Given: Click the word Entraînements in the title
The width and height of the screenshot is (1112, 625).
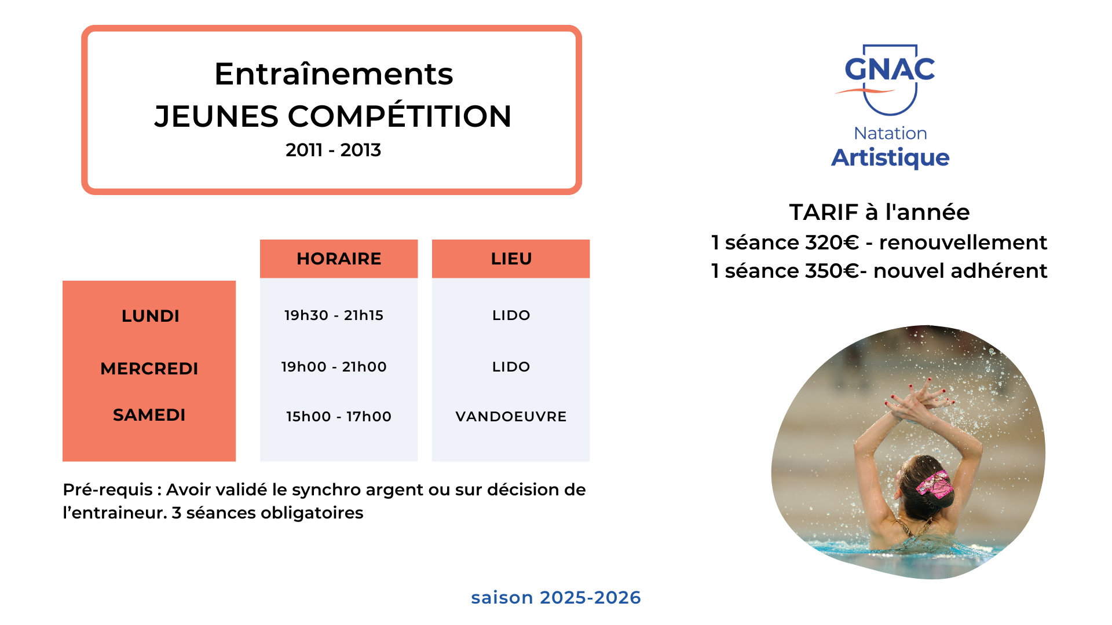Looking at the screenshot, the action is point(334,74).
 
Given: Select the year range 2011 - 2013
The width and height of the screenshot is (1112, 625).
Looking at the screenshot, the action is point(333,150).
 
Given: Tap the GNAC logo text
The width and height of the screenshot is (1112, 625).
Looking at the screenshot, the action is point(890,69).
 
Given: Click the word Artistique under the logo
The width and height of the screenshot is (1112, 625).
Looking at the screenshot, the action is point(890,158).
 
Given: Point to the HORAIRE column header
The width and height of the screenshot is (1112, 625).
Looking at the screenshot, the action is point(339,259).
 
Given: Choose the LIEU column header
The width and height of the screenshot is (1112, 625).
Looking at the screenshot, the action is point(511,259).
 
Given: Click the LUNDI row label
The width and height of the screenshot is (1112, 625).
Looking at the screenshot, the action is point(151,316).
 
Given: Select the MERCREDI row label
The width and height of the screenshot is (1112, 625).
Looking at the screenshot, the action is point(149,369).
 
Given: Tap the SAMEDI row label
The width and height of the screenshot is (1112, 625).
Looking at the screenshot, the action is point(149,415).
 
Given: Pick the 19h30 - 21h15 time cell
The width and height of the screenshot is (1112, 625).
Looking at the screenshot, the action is point(334,315).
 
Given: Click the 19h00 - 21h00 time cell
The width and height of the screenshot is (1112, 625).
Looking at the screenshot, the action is point(334,367).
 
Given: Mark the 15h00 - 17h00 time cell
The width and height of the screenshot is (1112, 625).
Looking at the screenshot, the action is point(339,417).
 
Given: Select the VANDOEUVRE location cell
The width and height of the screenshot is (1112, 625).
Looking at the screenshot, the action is point(511,417).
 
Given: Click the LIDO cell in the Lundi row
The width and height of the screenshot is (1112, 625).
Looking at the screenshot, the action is point(511,315).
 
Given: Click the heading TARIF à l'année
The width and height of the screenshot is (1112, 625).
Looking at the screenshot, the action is point(879,212).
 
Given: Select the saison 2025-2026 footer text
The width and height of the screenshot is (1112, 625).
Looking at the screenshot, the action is point(556,597).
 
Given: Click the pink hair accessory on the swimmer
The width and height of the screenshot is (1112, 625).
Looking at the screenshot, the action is point(934,485).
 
